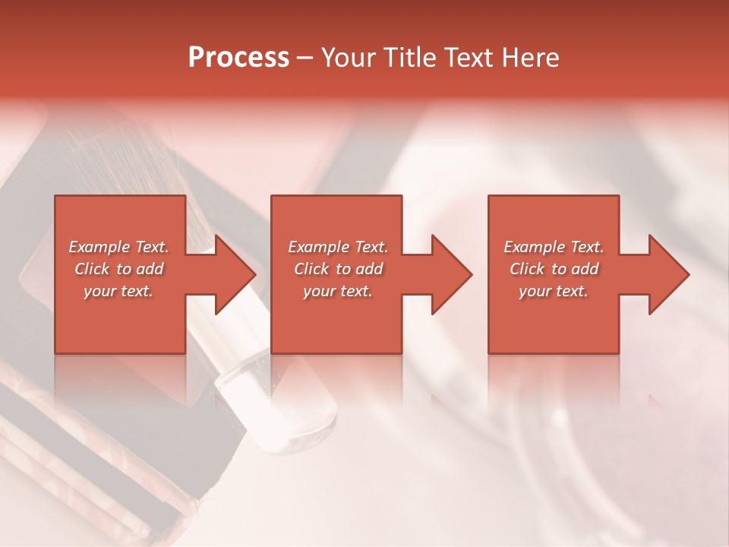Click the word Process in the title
[x=238, y=57]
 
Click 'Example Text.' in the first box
[x=118, y=247]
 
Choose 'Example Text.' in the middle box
[x=338, y=247]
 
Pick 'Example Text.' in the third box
[x=554, y=247]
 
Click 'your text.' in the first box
[x=118, y=291]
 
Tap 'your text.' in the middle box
[x=338, y=291]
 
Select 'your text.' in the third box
[x=554, y=291]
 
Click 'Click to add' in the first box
[x=118, y=269]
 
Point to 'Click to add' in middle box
[x=338, y=269]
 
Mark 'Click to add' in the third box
[x=554, y=269]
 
